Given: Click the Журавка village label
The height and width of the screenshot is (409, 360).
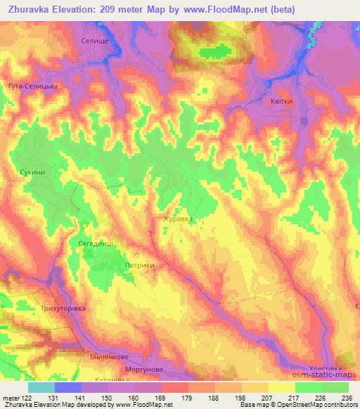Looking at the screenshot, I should coord(179,219).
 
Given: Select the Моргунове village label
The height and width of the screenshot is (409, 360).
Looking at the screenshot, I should coord(146,369).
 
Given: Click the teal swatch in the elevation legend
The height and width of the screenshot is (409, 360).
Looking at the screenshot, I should coord(41,387).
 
